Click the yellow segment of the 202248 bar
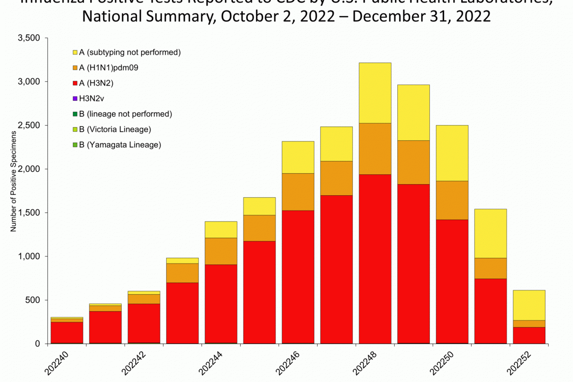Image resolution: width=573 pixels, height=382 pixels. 375,93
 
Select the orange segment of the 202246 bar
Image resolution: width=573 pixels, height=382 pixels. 298,192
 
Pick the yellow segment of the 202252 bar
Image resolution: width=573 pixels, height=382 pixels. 529,305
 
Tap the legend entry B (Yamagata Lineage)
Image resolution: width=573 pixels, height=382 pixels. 120,144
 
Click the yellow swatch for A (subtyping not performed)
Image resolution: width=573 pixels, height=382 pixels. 75,52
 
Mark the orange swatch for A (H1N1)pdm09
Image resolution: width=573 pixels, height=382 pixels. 75,68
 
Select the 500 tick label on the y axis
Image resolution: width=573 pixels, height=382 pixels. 33,300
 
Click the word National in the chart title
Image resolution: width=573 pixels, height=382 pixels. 112,17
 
